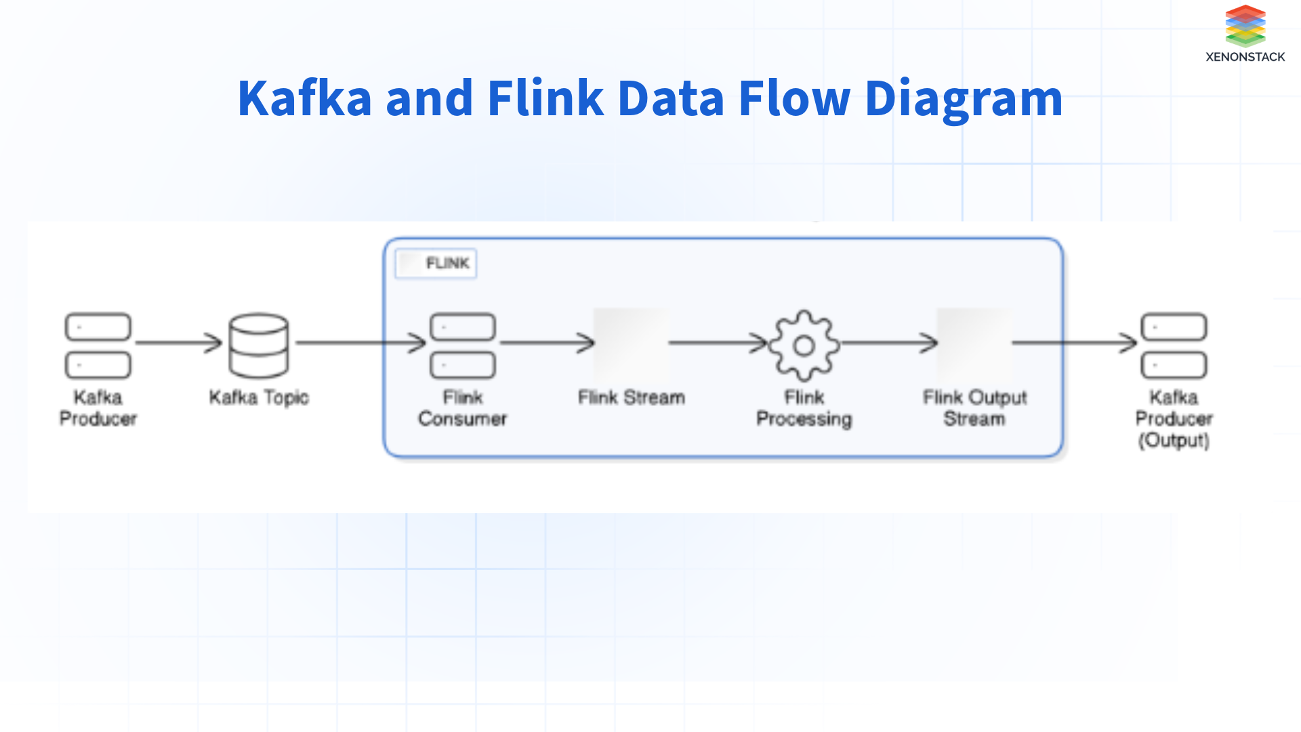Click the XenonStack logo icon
coord(1245,26)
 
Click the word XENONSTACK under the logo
coord(1245,57)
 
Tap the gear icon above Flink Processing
coord(804,345)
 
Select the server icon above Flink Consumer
coord(463,345)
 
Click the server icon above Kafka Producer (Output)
coord(1174,345)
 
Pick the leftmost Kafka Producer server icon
coord(98,345)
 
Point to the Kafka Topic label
coord(259,397)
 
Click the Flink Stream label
coord(631,397)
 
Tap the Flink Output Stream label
coord(974,407)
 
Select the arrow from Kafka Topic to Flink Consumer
coord(359,343)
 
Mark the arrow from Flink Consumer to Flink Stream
coord(546,343)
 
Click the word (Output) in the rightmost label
coord(1174,441)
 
